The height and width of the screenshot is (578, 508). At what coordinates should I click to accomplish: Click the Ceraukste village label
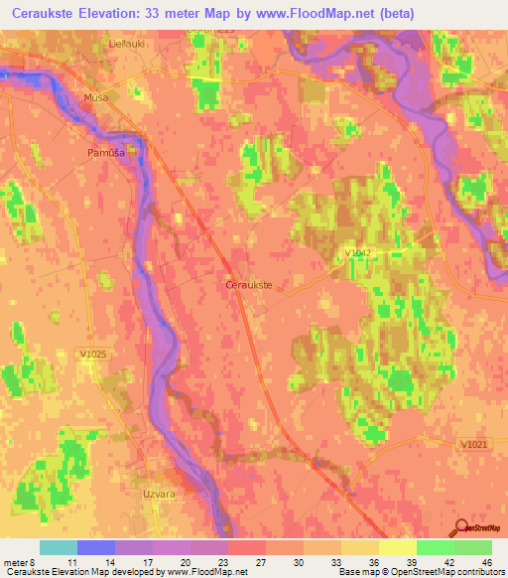point(250,285)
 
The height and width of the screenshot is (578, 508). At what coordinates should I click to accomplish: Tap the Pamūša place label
point(106,153)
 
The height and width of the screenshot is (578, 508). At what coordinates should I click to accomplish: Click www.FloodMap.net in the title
point(311,14)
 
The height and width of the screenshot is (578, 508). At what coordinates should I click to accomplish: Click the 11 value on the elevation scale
point(94,561)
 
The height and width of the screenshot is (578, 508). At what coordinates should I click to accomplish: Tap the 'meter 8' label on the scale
point(22,561)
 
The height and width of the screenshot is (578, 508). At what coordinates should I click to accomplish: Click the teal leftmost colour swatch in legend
point(59,547)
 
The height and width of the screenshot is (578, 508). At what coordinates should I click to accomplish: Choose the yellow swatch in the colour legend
point(397,547)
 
